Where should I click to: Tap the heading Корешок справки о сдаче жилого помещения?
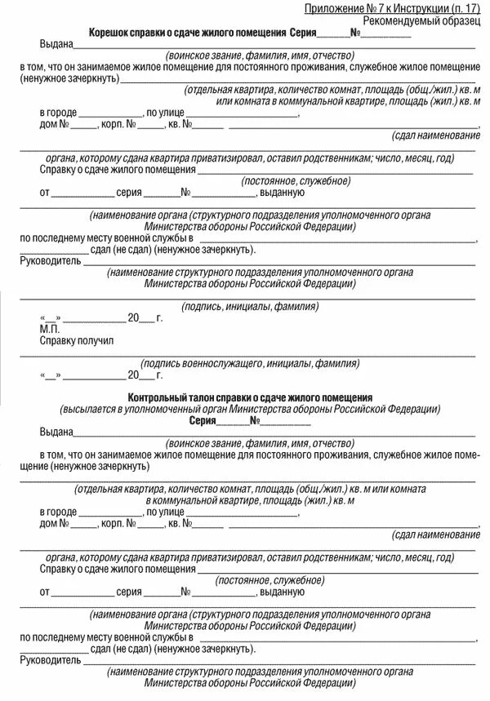pos(188,32)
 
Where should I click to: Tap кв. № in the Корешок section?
pos(179,125)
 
